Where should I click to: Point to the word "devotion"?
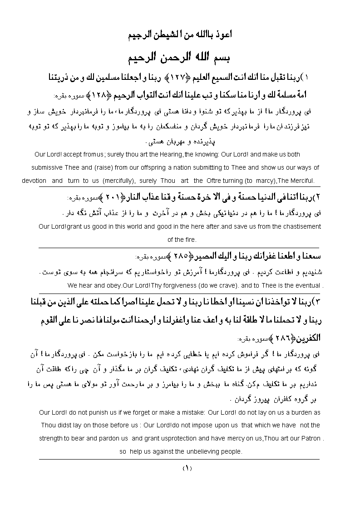pyautogui.click(x=34, y=181)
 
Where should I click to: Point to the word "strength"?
pyautogui.click(x=51, y=439)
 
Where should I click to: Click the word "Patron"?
pyautogui.click(x=308, y=439)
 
